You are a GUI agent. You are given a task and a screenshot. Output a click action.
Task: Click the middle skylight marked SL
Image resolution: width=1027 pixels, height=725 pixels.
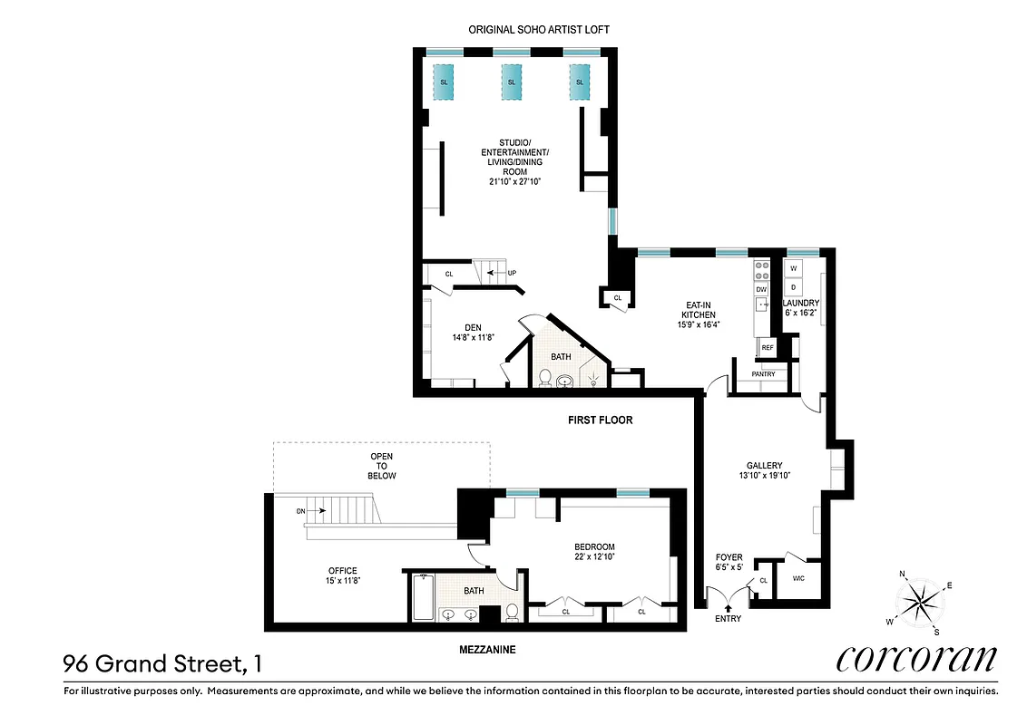512,82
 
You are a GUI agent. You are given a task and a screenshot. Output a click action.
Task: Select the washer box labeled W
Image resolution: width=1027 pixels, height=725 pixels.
793,268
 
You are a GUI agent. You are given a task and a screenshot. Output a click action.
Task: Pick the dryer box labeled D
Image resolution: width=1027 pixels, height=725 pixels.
793,286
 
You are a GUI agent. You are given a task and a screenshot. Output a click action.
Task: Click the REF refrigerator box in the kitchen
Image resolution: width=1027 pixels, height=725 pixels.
767,347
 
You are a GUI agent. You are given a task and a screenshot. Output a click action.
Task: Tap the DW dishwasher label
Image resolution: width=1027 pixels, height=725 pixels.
762,289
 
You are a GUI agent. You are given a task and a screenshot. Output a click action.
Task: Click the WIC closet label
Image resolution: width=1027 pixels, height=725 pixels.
798,578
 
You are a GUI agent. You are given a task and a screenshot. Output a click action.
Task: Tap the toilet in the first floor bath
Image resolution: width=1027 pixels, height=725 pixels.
544,376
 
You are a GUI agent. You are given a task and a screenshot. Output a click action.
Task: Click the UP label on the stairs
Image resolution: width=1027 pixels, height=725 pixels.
511,272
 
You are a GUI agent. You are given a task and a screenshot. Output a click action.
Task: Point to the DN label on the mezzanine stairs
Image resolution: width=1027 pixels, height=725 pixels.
300,511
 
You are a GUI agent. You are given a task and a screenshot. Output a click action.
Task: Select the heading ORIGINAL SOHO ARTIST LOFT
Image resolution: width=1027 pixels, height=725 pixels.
539,30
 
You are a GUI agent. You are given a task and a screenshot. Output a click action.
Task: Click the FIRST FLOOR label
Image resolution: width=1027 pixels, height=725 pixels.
600,420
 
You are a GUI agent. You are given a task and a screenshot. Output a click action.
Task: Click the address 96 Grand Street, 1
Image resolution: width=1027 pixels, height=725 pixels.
163,664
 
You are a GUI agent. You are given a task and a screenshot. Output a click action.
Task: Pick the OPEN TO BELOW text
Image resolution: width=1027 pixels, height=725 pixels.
382,465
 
